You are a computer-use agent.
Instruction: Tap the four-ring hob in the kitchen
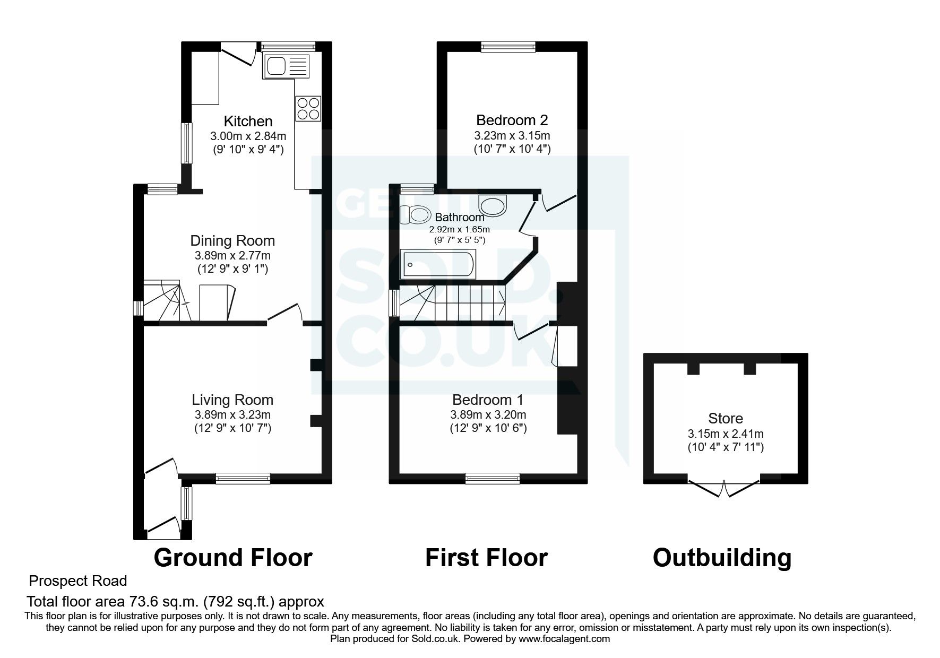tap(308, 108)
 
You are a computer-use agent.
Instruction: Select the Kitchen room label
tap(248, 121)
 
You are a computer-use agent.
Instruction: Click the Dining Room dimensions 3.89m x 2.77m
tap(232, 255)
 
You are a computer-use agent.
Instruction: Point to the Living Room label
tap(232, 400)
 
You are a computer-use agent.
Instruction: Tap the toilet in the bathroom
tap(416, 215)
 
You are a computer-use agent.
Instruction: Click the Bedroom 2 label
tap(512, 120)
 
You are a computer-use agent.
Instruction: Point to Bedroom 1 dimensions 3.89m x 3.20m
tap(488, 414)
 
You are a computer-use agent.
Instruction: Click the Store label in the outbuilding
tap(725, 418)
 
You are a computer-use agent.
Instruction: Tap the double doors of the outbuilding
tap(724, 487)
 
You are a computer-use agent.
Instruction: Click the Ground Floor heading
tap(232, 558)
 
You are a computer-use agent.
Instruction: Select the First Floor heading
tap(486, 558)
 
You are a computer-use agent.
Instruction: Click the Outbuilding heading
tap(722, 558)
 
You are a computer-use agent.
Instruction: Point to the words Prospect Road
tap(78, 581)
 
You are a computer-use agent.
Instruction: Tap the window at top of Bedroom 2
tap(508, 47)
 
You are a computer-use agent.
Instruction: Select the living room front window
tap(243, 478)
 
